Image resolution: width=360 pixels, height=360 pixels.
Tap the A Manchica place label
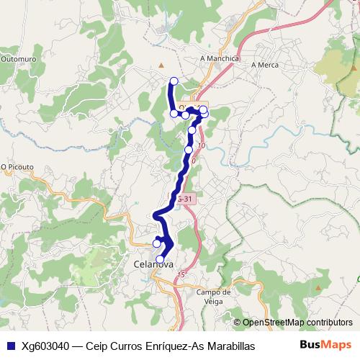pos(219,58)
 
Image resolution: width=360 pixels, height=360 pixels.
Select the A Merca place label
pos(264,64)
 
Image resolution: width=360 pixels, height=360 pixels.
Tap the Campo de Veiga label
pos(213,296)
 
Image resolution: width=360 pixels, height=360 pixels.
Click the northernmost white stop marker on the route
pos(173,81)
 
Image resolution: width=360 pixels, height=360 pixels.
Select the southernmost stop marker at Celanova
pos(160,259)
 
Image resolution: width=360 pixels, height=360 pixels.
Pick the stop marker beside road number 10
pos(189,150)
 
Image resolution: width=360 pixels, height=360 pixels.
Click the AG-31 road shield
pos(184,198)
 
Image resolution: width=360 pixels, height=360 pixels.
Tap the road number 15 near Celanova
pos(183,274)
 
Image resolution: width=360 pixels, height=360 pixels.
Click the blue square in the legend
pos(9,345)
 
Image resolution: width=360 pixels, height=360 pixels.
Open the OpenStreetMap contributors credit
pos(297,322)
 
